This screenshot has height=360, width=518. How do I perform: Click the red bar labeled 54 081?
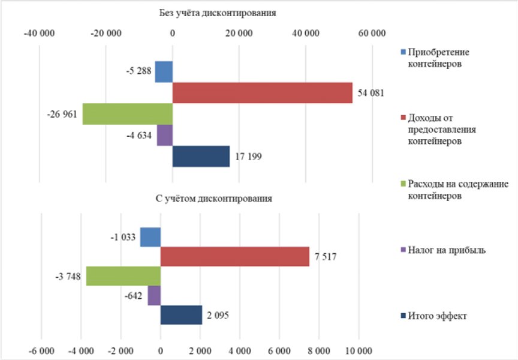pos(262,93)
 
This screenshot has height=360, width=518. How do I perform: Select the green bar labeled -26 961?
pos(127,114)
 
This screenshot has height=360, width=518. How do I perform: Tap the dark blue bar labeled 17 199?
pos(201,157)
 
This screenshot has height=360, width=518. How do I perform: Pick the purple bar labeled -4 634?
pos(165,135)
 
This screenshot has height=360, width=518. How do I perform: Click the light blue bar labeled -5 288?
pos(164,72)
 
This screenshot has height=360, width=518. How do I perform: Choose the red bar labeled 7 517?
pos(234,257)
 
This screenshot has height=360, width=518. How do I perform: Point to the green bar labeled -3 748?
pos(124,277)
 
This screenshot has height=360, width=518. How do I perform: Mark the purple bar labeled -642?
pos(154,296)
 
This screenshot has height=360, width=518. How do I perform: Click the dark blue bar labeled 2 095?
pos(181,315)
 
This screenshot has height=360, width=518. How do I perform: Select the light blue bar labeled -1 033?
pos(150,238)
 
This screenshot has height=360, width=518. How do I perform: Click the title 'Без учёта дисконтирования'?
pos(218,13)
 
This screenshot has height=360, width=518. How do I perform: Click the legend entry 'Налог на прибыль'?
pos(446,250)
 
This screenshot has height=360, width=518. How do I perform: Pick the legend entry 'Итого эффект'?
pos(438,316)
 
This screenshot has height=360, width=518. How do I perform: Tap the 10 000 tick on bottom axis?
pos(359,350)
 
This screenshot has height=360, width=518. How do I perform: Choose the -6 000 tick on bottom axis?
pos(42,350)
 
